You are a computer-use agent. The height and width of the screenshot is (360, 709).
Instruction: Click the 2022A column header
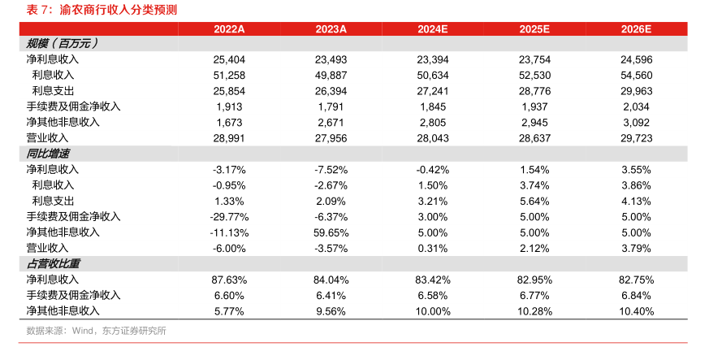pyautogui.click(x=229, y=29)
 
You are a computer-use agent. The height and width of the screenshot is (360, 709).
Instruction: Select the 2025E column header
pyautogui.click(x=534, y=29)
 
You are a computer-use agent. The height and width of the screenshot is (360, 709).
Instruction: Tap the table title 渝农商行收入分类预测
pyautogui.click(x=118, y=10)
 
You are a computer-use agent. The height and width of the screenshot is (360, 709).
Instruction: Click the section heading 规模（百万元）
pyautogui.click(x=62, y=43)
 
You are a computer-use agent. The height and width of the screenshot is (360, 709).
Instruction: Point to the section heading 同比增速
pyautogui.click(x=47, y=154)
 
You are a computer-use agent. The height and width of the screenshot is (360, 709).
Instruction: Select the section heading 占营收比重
pyautogui.click(x=53, y=263)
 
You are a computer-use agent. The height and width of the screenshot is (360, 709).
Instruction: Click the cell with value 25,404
pyautogui.click(x=229, y=59)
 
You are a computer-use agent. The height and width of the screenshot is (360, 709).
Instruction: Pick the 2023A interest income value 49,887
pyautogui.click(x=331, y=75)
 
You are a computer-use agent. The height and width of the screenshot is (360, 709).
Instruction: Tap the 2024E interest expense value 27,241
pyautogui.click(x=433, y=91)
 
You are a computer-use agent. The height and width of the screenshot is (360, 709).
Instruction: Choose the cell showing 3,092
pyautogui.click(x=636, y=123)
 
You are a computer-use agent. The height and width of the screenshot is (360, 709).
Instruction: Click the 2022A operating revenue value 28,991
pyautogui.click(x=229, y=138)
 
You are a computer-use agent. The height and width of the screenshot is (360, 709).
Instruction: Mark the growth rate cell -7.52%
pyautogui.click(x=331, y=170)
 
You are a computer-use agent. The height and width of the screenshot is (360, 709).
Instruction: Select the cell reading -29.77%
pyautogui.click(x=229, y=217)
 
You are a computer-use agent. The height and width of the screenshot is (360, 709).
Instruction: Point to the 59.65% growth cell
pyautogui.click(x=331, y=233)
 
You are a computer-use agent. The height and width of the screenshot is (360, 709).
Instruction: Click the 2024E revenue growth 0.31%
pyautogui.click(x=433, y=249)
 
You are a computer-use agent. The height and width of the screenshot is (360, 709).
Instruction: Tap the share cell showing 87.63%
pyautogui.click(x=229, y=280)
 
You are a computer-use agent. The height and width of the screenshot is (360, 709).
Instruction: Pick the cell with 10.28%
pyautogui.click(x=534, y=311)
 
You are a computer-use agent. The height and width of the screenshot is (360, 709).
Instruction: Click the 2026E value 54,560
pyautogui.click(x=636, y=75)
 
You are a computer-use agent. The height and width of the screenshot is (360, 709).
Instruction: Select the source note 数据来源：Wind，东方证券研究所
pyautogui.click(x=97, y=331)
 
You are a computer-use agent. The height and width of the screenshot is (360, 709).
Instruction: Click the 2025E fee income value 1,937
pyautogui.click(x=534, y=106)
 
